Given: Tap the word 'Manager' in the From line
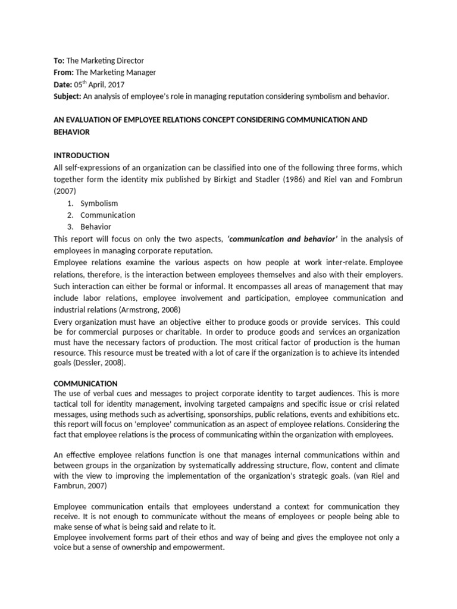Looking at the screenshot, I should tap(140, 73).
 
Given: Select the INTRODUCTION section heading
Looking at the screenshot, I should tap(82, 155).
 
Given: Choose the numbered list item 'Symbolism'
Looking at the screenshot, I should tap(99, 203).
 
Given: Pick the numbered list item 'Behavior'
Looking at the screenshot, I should tap(96, 227).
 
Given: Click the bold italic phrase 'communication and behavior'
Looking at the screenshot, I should tap(282, 238).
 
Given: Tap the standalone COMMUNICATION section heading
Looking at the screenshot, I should tap(86, 384).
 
